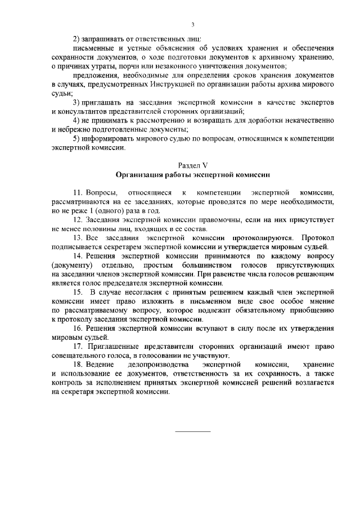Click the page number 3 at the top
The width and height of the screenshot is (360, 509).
coord(192,24)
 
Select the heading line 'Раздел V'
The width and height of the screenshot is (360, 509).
coord(192,165)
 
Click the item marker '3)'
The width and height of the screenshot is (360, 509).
coord(78,102)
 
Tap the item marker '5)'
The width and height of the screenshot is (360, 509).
coord(78,139)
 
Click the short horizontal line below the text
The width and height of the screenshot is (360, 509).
coord(193,431)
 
